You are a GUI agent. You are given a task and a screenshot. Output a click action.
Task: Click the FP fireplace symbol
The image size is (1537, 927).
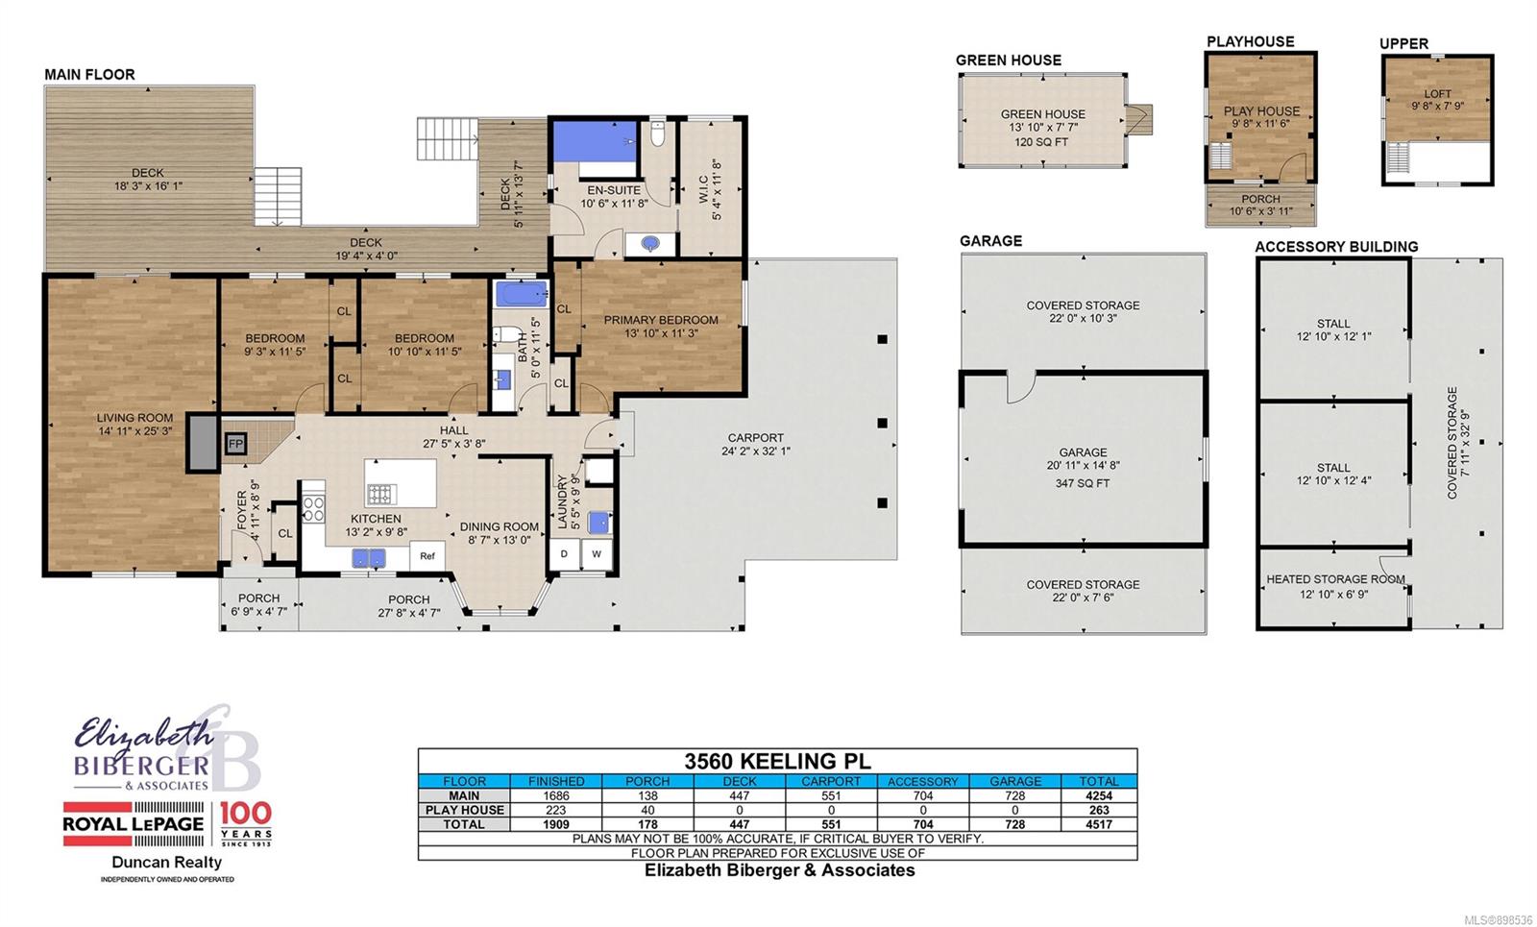pos(235,444)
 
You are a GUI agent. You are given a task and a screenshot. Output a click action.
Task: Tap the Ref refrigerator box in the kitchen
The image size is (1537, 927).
pos(427,555)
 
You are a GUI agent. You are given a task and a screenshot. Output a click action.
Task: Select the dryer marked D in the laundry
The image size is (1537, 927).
pos(564,553)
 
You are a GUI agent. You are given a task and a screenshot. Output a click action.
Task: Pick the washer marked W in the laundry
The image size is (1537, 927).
pos(597,553)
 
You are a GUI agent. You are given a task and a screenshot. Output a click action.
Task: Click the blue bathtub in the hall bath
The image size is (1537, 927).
pos(522,294)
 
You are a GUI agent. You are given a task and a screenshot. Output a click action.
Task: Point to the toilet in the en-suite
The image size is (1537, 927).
pos(657,134)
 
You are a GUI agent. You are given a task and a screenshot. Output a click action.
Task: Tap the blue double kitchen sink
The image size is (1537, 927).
pos(369,558)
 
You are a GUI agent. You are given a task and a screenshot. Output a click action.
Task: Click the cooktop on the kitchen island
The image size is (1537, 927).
pos(380,494)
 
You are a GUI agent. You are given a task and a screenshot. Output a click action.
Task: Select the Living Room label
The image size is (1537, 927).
pos(134,417)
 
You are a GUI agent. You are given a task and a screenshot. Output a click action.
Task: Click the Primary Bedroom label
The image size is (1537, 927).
pos(661,320)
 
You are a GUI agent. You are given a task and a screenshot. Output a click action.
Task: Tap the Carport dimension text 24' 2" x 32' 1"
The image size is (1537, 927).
pos(755,451)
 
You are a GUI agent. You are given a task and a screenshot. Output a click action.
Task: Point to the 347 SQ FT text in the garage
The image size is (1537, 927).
pos(1083,483)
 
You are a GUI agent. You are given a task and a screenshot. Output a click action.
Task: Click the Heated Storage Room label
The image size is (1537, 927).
pos(1335,579)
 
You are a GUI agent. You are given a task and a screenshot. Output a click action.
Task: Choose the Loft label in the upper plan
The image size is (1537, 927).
pos(1437,93)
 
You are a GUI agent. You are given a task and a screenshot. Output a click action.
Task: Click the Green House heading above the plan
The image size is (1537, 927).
pos(1008,61)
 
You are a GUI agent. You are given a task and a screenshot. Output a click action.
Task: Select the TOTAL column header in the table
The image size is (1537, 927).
pos(1099,781)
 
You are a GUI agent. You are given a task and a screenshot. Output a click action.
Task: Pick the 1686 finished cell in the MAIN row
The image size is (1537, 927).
pos(556,795)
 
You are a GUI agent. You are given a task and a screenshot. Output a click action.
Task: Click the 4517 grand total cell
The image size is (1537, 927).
pos(1099,824)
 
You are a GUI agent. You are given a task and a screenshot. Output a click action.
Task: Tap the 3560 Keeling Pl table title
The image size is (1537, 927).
pos(777,761)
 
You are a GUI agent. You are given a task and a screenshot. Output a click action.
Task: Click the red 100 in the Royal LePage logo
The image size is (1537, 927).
pos(246,814)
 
